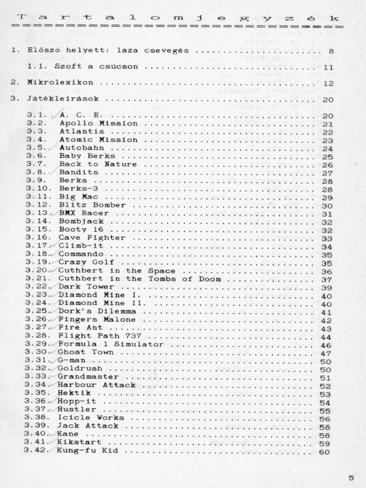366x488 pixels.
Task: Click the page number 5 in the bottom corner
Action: pyautogui.click(x=351, y=478)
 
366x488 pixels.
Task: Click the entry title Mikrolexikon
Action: pyautogui.click(x=60, y=83)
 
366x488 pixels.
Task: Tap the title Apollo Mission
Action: pyautogui.click(x=98, y=123)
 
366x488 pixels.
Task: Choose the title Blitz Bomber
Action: pyautogui.click(x=92, y=205)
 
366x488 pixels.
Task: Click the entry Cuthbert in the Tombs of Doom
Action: pyautogui.click(x=139, y=279)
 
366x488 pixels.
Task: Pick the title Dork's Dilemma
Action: pyautogui.click(x=97, y=312)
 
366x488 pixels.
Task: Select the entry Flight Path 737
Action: pyautogui.click(x=100, y=336)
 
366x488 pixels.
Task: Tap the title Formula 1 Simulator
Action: pyautogui.click(x=111, y=344)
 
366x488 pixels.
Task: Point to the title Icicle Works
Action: pyautogui.click(x=91, y=418)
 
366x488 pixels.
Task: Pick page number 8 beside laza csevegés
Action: pyautogui.click(x=331, y=51)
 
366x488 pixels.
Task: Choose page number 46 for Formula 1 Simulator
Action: pyautogui.click(x=327, y=345)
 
